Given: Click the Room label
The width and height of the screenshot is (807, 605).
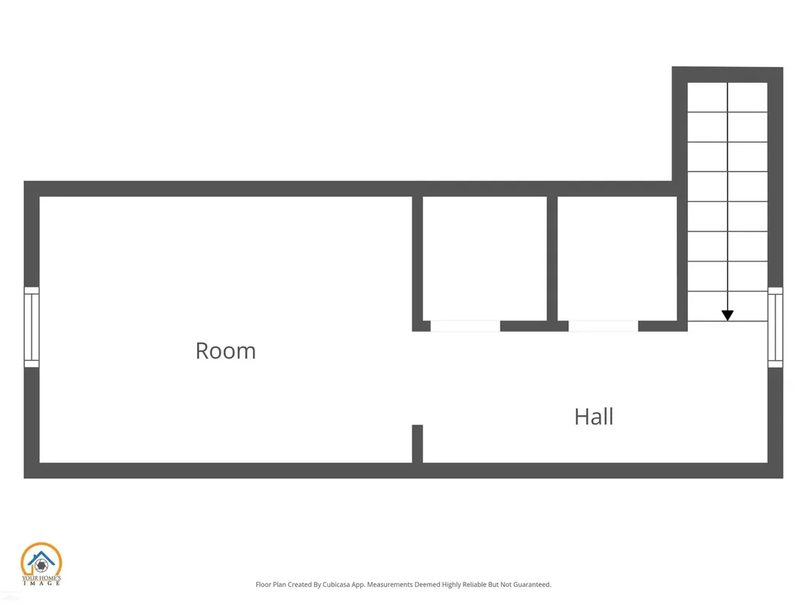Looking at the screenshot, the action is pyautogui.click(x=225, y=351).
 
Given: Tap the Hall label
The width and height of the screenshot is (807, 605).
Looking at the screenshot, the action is pyautogui.click(x=594, y=417).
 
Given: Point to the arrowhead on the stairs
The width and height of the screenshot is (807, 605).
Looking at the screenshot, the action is pyautogui.click(x=727, y=315).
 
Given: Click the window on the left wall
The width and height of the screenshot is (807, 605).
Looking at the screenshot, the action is pyautogui.click(x=32, y=327).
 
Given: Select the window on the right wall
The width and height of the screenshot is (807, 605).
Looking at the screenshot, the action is pyautogui.click(x=775, y=327).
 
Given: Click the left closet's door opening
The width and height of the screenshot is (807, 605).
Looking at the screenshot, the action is pyautogui.click(x=465, y=325).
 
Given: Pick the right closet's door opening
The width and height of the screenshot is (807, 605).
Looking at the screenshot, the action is pyautogui.click(x=603, y=325).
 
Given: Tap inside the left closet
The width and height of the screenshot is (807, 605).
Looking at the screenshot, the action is pyautogui.click(x=485, y=258).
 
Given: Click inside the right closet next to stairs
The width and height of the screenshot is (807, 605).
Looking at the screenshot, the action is pyautogui.click(x=617, y=258).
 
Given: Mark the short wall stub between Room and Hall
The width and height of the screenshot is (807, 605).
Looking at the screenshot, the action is pyautogui.click(x=418, y=444).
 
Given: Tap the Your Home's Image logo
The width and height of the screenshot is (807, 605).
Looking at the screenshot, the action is pyautogui.click(x=41, y=564).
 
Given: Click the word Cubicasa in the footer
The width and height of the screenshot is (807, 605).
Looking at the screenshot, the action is pyautogui.click(x=336, y=585).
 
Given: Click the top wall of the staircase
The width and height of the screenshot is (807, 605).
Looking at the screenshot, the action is pyautogui.click(x=727, y=75).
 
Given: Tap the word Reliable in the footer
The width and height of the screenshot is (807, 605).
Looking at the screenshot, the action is pyautogui.click(x=474, y=585).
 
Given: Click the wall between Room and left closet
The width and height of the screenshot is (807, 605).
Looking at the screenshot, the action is pyautogui.click(x=418, y=263).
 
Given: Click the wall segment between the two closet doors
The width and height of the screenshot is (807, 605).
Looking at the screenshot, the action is pyautogui.click(x=534, y=325).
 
